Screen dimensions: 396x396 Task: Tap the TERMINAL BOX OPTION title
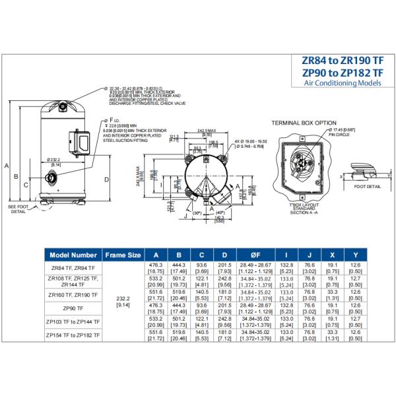point(304,123)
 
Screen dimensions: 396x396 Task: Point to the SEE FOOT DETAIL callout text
point(17,209)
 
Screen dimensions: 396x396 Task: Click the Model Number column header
point(73,255)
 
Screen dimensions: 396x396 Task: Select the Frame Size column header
point(123,255)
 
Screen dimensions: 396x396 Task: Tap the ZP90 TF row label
point(73,308)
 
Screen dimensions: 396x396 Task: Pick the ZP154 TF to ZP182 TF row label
point(73,335)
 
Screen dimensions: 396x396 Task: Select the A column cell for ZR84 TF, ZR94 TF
point(156,268)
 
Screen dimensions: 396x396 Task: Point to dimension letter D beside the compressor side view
point(106,178)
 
